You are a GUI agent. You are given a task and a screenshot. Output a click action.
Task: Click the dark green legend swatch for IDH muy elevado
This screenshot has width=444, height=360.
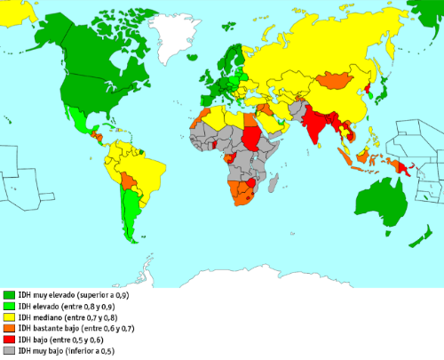click(9, 294)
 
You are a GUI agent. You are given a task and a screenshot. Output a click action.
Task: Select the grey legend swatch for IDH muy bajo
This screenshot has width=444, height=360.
click(9, 351)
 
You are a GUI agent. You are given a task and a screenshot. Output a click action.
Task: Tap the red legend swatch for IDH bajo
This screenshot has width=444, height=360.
click(9, 340)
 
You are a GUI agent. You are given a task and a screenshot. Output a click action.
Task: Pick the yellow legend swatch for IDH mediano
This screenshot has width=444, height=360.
click(9, 317)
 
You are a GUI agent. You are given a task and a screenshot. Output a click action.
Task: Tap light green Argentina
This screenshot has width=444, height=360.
click(131, 222)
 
